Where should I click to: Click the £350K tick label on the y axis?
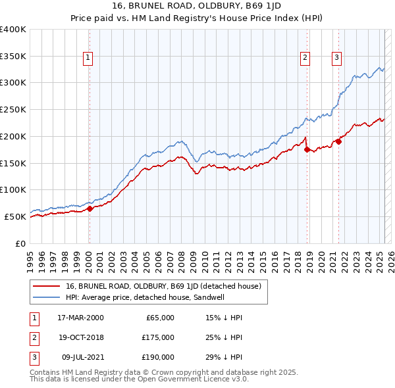[13, 57]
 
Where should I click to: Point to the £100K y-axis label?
[13, 189]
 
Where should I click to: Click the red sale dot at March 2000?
[90, 208]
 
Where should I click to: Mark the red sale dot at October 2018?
[307, 149]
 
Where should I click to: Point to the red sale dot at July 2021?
[339, 141]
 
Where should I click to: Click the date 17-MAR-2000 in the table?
[80, 318]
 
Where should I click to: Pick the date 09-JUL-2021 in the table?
[80, 357]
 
